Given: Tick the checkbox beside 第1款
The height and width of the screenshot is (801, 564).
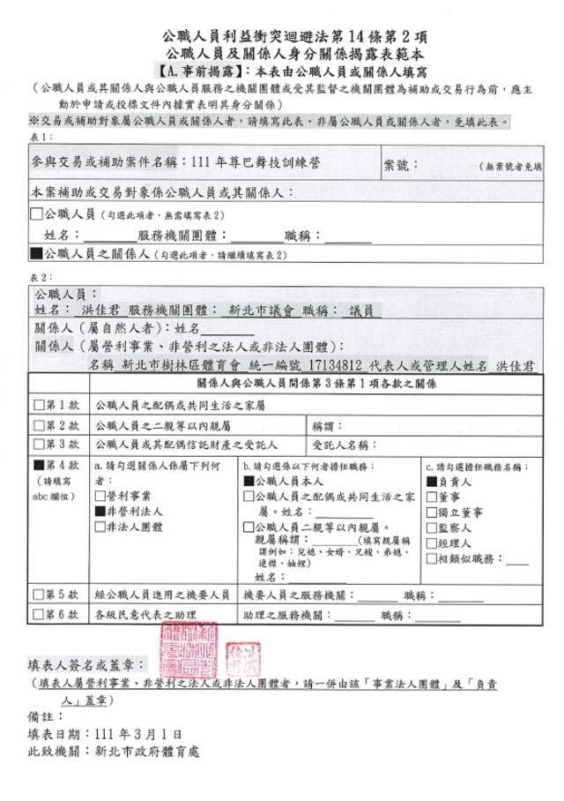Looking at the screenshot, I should pos(37,405).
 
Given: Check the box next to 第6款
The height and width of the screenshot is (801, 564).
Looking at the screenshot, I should pos(37,615).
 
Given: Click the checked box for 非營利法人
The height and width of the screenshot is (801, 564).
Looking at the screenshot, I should pos(99,510).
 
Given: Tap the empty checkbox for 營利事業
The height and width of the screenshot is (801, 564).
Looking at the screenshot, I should pos(99,496).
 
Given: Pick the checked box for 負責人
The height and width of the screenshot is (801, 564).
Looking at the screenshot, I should pos(430,482).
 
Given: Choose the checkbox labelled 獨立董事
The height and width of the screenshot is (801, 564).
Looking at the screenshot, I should pos(430,512).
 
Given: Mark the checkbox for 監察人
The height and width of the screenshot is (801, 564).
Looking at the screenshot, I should pos(430,527).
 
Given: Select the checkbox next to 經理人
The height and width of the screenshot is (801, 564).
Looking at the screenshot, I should pos(430,542).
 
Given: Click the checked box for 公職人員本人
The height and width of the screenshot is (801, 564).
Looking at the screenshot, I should pos(248,482).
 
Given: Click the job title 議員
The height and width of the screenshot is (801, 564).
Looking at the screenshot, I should pos(360,311).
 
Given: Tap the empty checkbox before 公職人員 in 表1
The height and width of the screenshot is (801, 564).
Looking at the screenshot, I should pos(37,214).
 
